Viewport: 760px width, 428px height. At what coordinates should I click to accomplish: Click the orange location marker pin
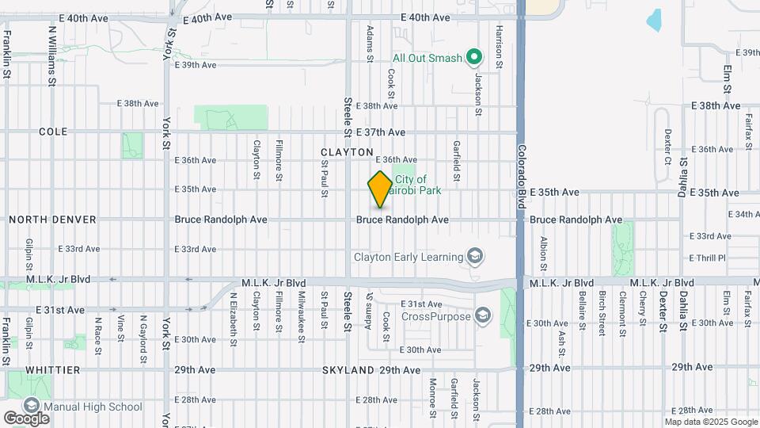pyautogui.click(x=380, y=189)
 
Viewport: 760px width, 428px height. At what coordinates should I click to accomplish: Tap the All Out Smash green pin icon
pyautogui.click(x=473, y=57)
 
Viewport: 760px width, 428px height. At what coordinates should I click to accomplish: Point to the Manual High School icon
pyautogui.click(x=32, y=407)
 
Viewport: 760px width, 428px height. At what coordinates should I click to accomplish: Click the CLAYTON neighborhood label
pyautogui.click(x=347, y=151)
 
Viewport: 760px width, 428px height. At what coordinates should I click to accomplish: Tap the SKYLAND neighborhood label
pyautogui.click(x=348, y=370)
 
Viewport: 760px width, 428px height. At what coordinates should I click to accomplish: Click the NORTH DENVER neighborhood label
pyautogui.click(x=52, y=219)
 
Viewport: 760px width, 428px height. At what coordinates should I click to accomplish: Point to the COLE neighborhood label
pyautogui.click(x=52, y=132)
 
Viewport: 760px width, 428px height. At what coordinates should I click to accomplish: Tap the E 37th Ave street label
pyautogui.click(x=381, y=132)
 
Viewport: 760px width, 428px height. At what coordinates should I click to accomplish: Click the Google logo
pyautogui.click(x=26, y=418)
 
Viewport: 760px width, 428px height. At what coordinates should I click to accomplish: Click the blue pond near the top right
pyautogui.click(x=654, y=21)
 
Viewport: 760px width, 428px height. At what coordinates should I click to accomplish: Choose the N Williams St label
pyautogui.click(x=52, y=55)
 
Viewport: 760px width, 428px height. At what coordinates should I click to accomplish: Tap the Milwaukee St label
pyautogui.click(x=302, y=316)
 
